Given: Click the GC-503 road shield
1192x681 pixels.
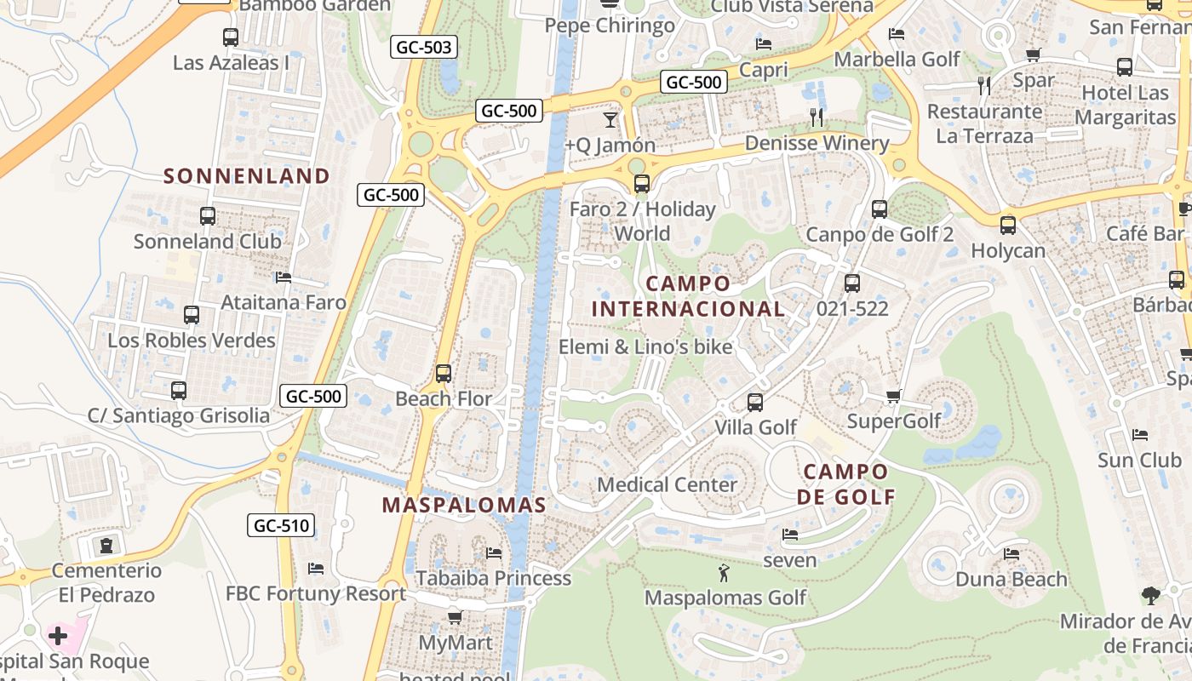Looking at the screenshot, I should [424, 47].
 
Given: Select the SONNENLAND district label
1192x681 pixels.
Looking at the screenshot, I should [247, 176].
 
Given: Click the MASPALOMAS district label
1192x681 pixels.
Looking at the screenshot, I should [464, 505].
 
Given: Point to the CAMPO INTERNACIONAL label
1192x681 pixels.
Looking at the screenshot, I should [688, 296].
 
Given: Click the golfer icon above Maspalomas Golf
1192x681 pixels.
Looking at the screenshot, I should [724, 573].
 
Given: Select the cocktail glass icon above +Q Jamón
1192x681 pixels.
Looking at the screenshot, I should [610, 119].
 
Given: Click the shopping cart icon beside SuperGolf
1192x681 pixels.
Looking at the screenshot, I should [894, 397].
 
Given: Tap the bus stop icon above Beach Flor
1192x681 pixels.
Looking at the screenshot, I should [443, 373].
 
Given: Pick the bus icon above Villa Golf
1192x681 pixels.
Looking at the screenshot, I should [754, 402].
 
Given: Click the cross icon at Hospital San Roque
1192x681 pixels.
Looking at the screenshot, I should [58, 636].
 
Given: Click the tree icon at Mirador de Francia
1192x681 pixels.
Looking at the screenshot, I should [1151, 596].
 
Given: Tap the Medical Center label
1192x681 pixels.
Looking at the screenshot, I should [667, 485].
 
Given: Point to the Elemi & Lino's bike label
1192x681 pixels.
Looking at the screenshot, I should [645, 346].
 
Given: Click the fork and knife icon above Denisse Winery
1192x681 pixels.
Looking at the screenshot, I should [817, 117].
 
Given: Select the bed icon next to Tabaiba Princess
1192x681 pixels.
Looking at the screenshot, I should [493, 553].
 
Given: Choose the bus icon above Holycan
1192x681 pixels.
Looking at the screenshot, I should [1008, 226].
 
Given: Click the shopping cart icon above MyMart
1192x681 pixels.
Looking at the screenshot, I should [456, 617].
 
